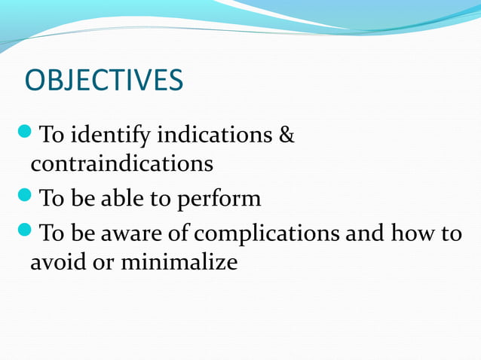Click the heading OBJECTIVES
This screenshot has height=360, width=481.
[x=104, y=81]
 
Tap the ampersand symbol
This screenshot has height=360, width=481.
[x=287, y=136]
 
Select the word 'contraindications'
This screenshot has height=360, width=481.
[x=121, y=163]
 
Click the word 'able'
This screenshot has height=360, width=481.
[x=118, y=199]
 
